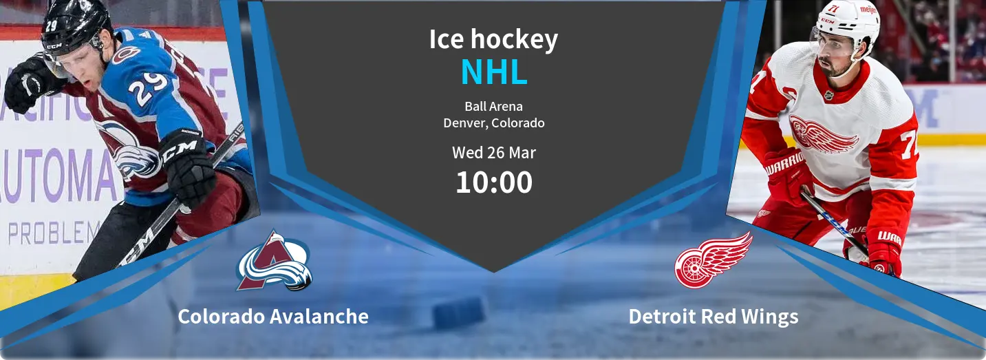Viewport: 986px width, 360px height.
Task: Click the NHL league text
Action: [494, 72]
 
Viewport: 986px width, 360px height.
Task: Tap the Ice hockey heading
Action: [493, 40]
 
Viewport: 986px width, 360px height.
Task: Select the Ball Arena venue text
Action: [494, 106]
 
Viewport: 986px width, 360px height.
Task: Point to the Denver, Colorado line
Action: [494, 123]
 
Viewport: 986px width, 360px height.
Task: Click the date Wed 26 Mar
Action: [494, 153]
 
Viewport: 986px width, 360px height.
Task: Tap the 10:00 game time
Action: [494, 182]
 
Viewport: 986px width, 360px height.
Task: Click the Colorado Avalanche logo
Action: [274, 261]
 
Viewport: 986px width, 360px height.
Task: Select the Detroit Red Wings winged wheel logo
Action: [713, 260]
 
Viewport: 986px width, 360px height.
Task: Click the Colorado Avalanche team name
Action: [273, 317]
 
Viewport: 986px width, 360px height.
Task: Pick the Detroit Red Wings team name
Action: [714, 317]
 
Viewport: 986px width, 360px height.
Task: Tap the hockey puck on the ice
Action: [459, 313]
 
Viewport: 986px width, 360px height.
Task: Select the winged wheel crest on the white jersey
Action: [822, 134]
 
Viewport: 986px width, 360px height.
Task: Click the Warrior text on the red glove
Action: [785, 164]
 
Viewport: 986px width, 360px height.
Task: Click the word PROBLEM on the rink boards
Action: [54, 233]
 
